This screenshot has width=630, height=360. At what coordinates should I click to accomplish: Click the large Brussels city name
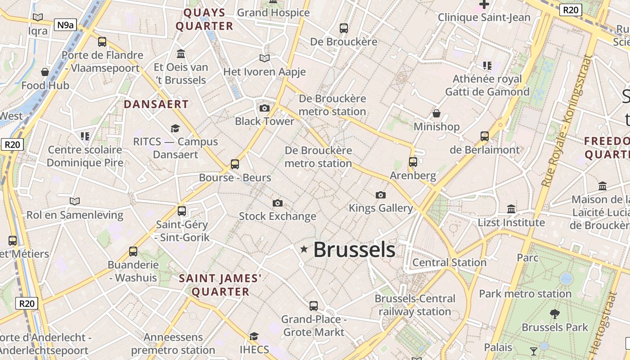coord(354,250)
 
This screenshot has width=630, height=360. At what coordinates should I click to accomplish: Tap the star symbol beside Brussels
coord(304,249)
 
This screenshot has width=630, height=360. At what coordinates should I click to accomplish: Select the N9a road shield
coord(65,25)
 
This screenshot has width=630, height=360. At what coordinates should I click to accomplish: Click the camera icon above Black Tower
coord(265,108)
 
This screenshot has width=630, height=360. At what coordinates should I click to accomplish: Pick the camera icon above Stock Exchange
coord(278,203)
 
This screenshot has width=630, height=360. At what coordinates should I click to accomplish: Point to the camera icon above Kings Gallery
coord(381,195)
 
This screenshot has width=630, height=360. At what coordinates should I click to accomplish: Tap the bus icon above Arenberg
coord(413,162)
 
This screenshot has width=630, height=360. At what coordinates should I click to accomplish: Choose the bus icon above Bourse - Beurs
coord(235,164)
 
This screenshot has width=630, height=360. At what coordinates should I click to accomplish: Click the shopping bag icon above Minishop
coord(436,113)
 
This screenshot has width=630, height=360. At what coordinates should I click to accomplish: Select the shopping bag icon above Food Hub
coord(45,72)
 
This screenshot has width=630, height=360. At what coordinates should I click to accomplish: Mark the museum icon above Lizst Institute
coord(511,209)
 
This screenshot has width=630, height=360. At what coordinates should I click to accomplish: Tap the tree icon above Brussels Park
coord(555,314)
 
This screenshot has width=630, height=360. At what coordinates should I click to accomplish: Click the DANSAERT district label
coord(156,104)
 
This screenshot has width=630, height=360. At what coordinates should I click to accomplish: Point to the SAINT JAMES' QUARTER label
coord(220,285)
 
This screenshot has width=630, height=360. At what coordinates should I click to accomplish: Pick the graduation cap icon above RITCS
coord(175,129)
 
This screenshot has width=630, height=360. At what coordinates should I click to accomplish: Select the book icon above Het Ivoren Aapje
coord(265,58)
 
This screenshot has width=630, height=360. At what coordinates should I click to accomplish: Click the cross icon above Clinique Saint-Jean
coord(484,5)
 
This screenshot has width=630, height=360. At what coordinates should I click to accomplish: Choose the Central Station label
coord(450,262)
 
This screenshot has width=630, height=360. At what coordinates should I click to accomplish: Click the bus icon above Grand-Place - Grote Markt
coord(314,306)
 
